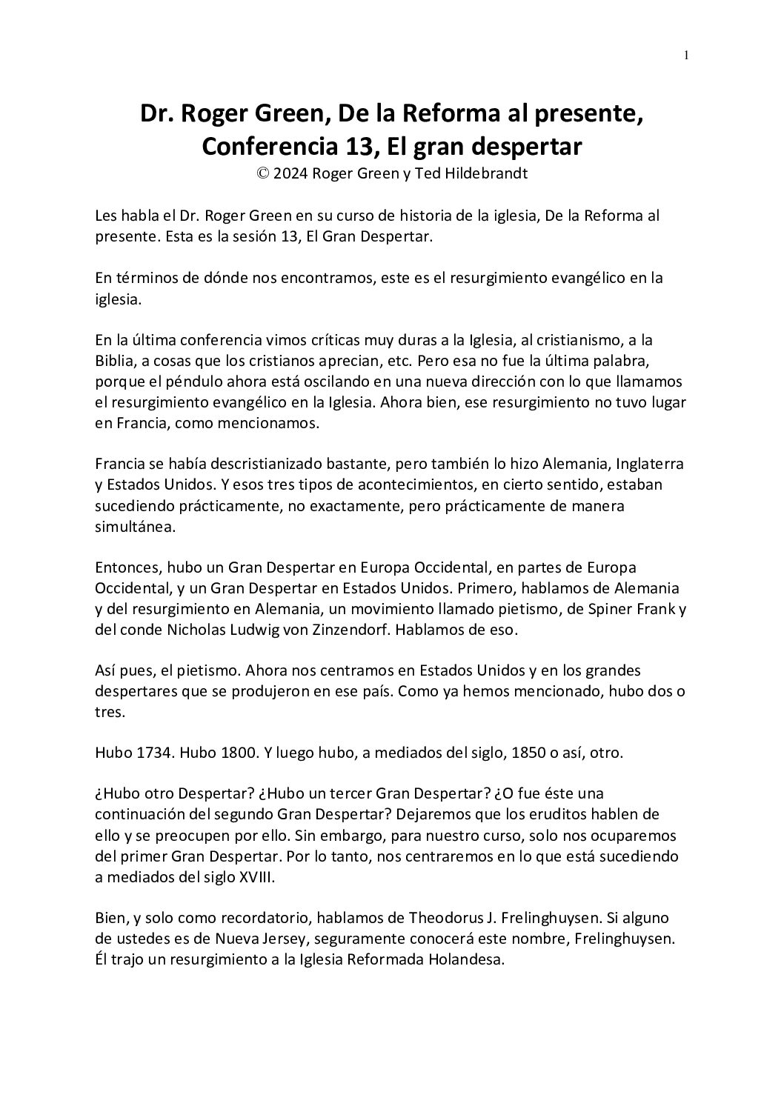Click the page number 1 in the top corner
point(686,55)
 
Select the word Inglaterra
point(645,465)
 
